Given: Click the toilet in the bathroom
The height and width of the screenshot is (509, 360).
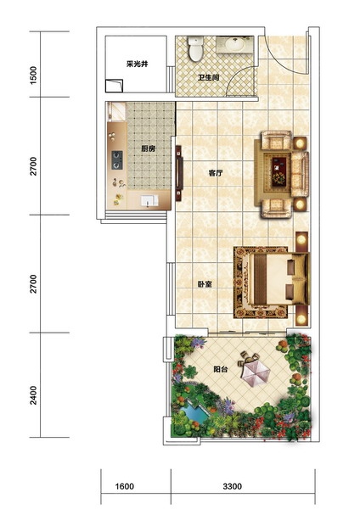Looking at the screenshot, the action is tap(195, 48).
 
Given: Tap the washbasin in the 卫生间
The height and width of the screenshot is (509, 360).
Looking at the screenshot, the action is tap(234, 44).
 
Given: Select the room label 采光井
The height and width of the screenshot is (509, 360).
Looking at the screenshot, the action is tap(137, 64).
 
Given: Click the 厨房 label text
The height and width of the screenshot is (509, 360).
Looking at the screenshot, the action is tap(148, 149).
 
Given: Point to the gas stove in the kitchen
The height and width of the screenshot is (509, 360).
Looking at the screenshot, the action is tap(117, 160).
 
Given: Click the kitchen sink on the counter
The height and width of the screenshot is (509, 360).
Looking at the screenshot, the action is tap(149, 200).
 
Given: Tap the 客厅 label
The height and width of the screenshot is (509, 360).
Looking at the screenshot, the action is tap(216, 173).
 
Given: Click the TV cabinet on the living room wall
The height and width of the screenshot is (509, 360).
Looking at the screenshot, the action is tap(179, 173).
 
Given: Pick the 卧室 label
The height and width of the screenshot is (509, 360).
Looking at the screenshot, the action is tap(205, 284).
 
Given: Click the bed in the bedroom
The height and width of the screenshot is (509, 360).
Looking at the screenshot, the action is tap(278, 279).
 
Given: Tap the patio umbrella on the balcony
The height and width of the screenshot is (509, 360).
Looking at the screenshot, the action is tap(256, 373).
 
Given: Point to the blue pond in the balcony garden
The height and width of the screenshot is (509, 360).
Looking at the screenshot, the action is tap(194, 411).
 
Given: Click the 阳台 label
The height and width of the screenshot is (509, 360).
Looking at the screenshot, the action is tap(221, 369).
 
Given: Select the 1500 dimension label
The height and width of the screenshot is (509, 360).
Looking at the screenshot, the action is tap(33, 76).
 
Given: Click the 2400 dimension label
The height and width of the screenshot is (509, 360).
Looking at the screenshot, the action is tap(33, 395).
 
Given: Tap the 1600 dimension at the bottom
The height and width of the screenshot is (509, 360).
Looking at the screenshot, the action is tap(125, 486).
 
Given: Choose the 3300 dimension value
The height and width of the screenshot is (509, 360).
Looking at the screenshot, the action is tap(233, 486).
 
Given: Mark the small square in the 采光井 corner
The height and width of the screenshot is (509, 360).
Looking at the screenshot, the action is tap(114, 86).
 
